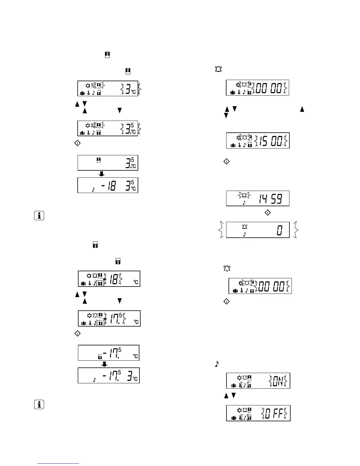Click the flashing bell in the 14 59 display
tap(244, 195)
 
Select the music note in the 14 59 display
tap(244, 202)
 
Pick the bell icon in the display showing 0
tap(244, 227)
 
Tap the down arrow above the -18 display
tap(101, 174)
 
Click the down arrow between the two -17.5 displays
tap(104, 364)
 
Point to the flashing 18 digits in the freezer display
tap(114, 279)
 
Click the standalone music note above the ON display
tap(217, 364)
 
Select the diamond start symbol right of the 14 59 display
tap(268, 212)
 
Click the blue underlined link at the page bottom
tap(58, 464)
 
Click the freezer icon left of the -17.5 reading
tap(100, 357)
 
